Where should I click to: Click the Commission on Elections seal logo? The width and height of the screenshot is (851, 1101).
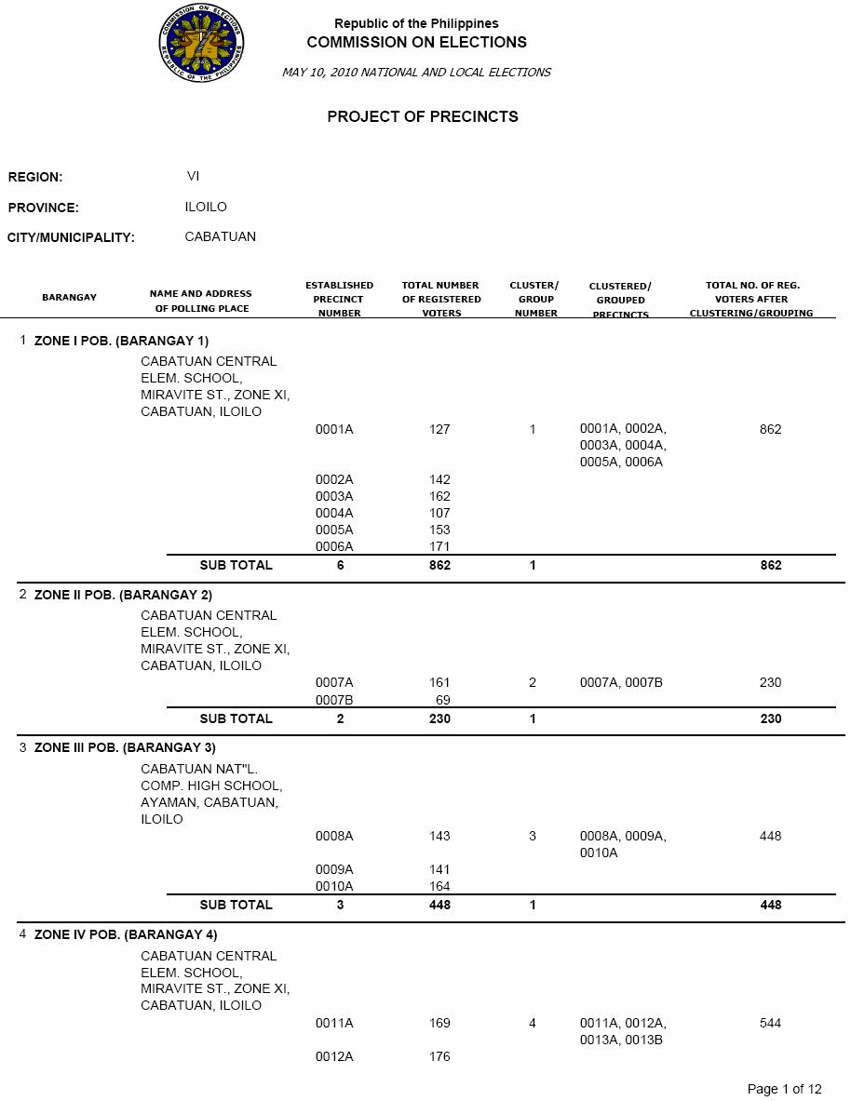[x=201, y=44]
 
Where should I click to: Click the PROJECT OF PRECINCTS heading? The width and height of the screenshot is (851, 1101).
[x=423, y=117]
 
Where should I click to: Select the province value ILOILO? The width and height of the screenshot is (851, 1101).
[x=206, y=207]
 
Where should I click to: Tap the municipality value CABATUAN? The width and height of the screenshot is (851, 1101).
[x=221, y=236]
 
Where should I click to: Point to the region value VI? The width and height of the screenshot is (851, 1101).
[x=193, y=176]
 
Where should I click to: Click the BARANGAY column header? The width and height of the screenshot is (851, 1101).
[x=69, y=298]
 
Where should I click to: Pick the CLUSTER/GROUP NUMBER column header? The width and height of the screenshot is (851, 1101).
[x=534, y=299]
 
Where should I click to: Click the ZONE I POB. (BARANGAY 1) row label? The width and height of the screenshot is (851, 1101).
[x=121, y=341]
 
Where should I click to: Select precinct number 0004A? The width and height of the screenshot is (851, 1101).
[x=334, y=513]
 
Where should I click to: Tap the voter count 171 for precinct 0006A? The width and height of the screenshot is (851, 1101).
[x=439, y=546]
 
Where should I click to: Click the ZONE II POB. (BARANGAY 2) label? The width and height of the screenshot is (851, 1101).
[x=123, y=595]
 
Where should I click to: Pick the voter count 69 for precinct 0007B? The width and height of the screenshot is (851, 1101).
[x=443, y=699]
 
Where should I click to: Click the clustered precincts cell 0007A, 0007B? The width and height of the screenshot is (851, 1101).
[x=621, y=682]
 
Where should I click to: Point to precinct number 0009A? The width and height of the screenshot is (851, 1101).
[x=334, y=869]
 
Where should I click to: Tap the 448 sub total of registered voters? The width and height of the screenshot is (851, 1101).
[x=439, y=905]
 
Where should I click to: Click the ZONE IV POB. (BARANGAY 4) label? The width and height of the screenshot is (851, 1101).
[x=126, y=934]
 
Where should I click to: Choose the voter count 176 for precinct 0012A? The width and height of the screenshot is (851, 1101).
[x=439, y=1056]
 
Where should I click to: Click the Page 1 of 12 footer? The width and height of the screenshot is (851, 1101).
[x=784, y=1089]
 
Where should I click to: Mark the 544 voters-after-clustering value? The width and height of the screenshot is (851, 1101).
[x=770, y=1023]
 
